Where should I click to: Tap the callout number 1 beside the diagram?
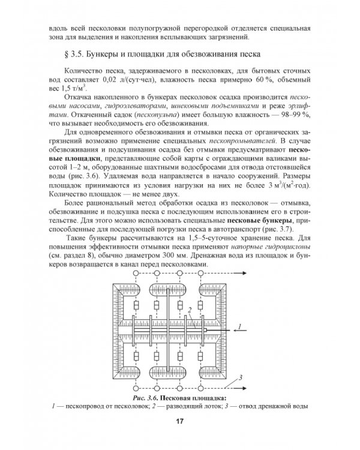[239, 326]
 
